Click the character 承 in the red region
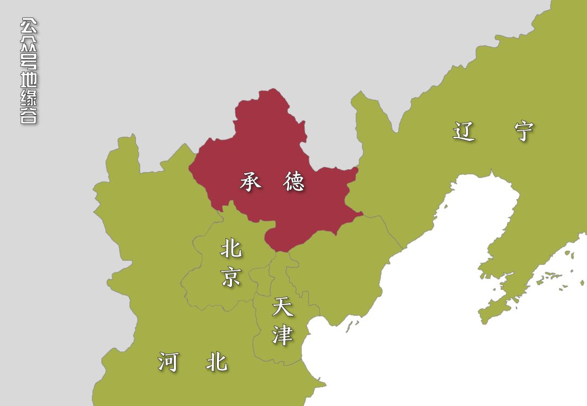click(251, 182)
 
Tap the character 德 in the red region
click(293, 182)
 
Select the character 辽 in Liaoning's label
click(464, 131)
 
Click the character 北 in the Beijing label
click(231, 249)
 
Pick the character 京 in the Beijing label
click(231, 277)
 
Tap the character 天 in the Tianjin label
click(283, 307)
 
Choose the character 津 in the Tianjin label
click(283, 335)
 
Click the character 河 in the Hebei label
click(168, 362)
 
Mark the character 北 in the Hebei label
click(216, 362)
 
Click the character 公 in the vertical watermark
click(29, 26)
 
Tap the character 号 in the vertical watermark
click(29, 61)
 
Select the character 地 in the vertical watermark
click(29, 80)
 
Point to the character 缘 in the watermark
click(29, 98)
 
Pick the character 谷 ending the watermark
click(29, 116)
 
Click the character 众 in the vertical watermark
click(29, 43)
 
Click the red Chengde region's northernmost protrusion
click(270, 93)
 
